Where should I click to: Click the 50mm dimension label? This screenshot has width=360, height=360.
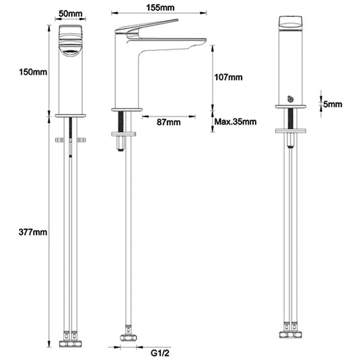tap(70, 13)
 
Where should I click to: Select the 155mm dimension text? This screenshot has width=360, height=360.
tap(160, 7)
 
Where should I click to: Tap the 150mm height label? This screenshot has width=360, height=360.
tap(33, 72)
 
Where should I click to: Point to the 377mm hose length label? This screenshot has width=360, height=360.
tap(33, 232)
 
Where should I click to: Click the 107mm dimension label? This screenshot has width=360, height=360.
tap(228, 77)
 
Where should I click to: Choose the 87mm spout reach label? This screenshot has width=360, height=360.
tap(168, 122)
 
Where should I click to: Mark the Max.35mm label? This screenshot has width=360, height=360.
tap(236, 121)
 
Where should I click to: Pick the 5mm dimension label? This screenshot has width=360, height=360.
tap(332, 104)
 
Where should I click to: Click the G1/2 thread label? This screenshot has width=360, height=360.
tap(160, 353)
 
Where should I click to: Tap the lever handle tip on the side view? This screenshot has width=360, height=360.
tap(177, 20)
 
